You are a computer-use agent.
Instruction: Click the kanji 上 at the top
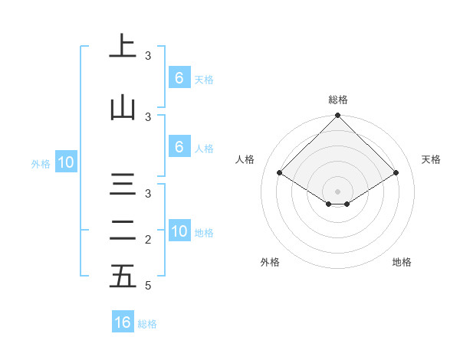(x=123, y=47)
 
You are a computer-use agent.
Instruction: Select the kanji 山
(x=123, y=108)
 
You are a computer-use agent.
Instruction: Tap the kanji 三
(x=123, y=186)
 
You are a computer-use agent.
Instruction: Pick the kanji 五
(x=123, y=276)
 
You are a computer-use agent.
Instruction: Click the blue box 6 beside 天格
(x=179, y=77)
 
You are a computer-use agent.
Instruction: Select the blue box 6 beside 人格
(x=179, y=147)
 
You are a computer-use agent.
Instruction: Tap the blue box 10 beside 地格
(x=179, y=231)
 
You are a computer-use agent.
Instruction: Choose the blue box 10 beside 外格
(x=66, y=162)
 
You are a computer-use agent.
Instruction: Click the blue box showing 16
(x=123, y=322)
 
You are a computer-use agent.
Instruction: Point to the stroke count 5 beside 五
(x=148, y=286)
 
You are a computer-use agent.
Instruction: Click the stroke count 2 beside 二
(x=148, y=240)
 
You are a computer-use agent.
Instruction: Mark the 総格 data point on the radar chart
(x=337, y=116)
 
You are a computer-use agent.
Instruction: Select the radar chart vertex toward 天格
(x=396, y=172)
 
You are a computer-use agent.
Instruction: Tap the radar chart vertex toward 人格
(x=279, y=172)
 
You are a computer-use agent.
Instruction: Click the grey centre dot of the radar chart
(x=337, y=191)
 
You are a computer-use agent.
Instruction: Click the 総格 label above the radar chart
(x=337, y=100)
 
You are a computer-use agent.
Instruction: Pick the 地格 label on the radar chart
(x=402, y=262)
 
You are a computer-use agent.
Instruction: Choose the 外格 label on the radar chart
(x=270, y=262)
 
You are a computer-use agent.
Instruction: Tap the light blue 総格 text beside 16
(x=147, y=324)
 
